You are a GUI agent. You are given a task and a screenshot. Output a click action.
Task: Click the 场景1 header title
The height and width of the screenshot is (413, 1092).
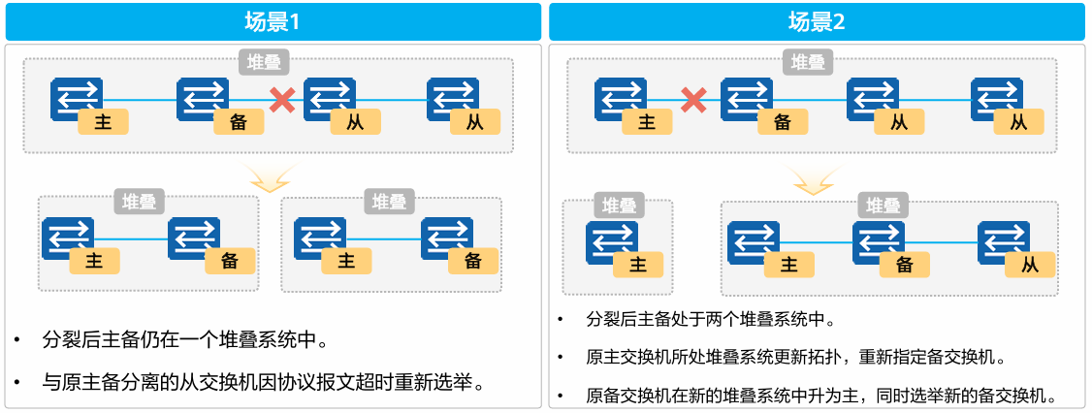coord(273,21)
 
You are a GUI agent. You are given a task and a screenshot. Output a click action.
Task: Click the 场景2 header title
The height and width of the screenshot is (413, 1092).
coord(817,21)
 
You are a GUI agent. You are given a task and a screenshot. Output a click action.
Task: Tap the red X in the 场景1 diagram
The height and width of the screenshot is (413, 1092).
coord(282,99)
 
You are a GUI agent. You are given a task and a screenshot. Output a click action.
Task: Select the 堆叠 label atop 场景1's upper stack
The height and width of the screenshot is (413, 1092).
coord(261,63)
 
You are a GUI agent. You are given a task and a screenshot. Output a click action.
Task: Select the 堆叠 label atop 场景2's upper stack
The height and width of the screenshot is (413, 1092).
coord(808,63)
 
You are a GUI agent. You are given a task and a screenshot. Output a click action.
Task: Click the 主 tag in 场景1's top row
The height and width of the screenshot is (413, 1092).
coord(104,122)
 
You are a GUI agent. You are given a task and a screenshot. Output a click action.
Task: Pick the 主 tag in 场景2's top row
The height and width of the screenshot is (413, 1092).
coord(647,122)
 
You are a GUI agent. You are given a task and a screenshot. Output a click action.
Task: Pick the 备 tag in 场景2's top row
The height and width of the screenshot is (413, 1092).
coord(782,122)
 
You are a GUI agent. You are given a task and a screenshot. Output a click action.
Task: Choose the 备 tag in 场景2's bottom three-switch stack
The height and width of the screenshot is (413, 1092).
coord(905,265)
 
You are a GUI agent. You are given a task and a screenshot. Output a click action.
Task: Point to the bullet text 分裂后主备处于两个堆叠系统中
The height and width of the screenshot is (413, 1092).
coord(711,320)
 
